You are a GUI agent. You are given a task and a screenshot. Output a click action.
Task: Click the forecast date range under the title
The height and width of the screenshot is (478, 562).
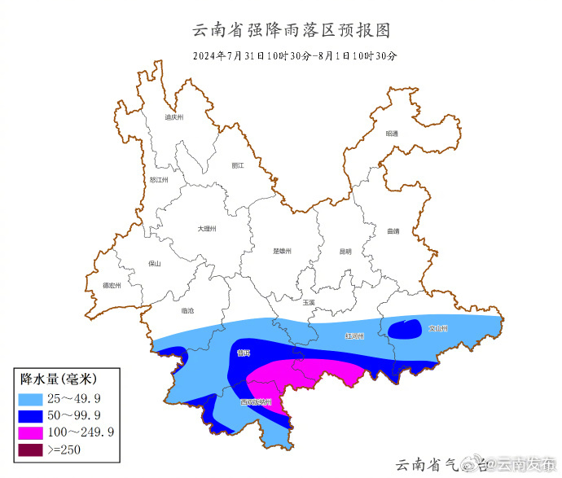pos(295,56)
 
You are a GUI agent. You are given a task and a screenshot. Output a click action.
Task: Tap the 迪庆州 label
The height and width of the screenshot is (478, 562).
pos(174,117)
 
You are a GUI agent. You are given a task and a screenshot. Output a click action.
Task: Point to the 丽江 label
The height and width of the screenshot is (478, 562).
pos(238,165)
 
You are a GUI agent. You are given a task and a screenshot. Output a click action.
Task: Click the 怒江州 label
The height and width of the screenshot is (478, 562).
pos(159,180)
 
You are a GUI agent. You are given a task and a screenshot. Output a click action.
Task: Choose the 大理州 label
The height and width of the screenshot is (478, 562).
pos(207,229)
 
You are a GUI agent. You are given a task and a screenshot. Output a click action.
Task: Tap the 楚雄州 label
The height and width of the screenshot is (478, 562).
pos(282,251)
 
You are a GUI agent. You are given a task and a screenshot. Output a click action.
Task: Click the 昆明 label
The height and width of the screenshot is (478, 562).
pos(345,251)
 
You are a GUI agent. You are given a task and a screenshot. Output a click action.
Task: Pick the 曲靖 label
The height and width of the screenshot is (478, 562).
pos(393,231)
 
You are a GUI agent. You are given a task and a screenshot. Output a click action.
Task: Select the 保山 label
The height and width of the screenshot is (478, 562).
pos(155,264)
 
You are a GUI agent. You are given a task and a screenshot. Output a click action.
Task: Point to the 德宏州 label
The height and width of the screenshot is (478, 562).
pos(112,286)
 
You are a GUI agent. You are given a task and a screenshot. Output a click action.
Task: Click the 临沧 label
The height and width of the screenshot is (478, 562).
pos(187,310)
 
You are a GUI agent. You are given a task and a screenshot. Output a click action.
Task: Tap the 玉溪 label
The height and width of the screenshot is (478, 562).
pos(308,302)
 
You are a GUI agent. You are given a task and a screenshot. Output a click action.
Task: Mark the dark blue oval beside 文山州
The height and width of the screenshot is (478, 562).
pos(402,329)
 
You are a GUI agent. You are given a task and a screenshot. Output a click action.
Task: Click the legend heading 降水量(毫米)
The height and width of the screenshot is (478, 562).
pos(59,379)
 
